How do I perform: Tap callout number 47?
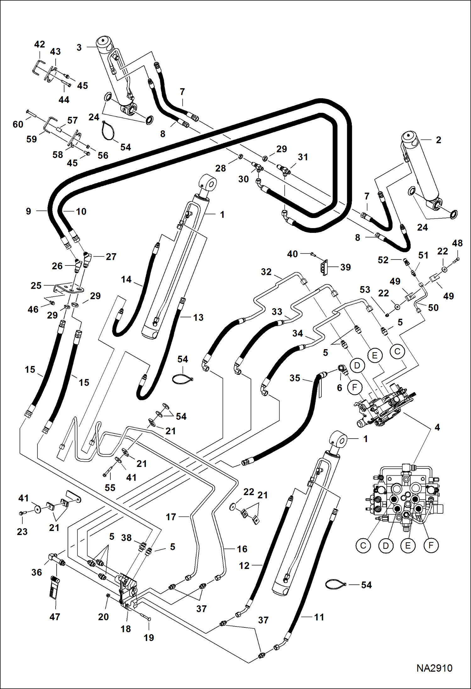click(x=55, y=617)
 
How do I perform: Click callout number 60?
click(x=18, y=124)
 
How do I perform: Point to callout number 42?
click(x=40, y=44)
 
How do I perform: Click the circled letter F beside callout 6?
click(x=355, y=388)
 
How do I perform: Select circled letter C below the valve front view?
click(x=363, y=545)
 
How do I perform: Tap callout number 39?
click(x=346, y=267)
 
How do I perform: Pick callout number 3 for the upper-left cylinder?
click(x=79, y=47)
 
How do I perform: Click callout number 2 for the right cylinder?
click(x=438, y=140)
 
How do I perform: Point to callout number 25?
click(x=36, y=286)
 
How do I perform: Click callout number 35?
click(x=295, y=378)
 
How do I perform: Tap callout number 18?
click(x=126, y=629)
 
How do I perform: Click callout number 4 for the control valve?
click(x=437, y=427)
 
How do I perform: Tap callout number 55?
click(x=110, y=488)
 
